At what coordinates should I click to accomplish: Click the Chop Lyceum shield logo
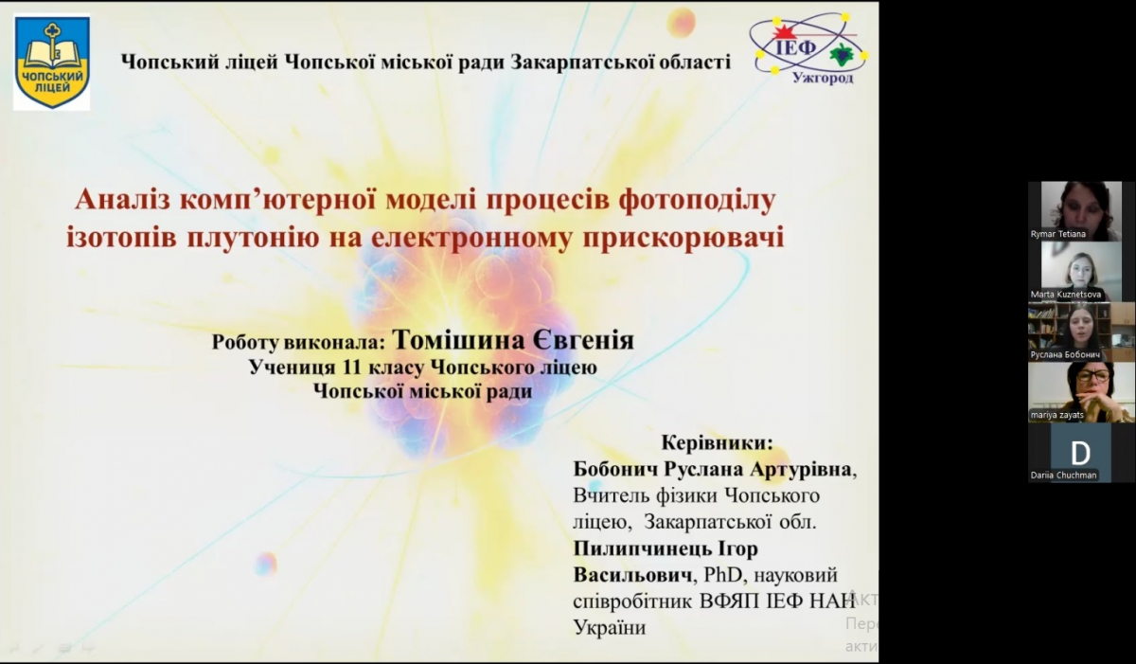(x=52, y=63)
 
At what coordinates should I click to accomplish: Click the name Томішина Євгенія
(x=512, y=340)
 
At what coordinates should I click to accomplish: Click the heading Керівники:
(x=717, y=443)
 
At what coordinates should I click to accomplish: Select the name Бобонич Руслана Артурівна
(x=713, y=470)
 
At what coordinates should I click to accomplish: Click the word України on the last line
(x=610, y=627)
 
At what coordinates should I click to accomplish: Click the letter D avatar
(x=1080, y=453)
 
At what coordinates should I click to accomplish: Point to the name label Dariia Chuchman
(x=1064, y=476)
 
